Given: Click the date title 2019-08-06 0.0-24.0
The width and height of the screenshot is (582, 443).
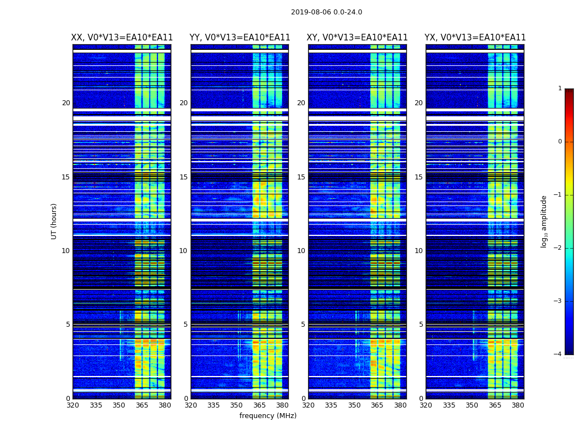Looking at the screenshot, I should (326, 12).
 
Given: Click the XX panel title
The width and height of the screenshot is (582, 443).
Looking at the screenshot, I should (122, 38).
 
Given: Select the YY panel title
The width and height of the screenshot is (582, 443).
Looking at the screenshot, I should (240, 38).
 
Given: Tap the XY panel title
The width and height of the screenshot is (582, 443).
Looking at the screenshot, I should (358, 38).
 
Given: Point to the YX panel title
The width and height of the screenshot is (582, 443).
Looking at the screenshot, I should (475, 38).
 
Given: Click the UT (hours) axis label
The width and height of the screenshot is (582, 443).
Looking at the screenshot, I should (54, 221).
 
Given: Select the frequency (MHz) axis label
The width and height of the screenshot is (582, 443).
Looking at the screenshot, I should (268, 416).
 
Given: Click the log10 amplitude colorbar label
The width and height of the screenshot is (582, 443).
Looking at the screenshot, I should (544, 221).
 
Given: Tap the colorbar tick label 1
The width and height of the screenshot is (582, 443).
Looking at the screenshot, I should (560, 89).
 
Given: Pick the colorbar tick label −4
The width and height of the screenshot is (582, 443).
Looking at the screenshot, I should (558, 354).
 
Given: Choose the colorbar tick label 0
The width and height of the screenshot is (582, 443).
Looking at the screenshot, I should (560, 142).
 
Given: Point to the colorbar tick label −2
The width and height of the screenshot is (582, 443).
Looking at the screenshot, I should (558, 248).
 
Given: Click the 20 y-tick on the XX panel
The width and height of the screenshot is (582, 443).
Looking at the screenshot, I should (66, 103).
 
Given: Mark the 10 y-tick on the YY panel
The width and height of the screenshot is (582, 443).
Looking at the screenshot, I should (183, 251).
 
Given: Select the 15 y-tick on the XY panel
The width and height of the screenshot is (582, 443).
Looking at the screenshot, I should (301, 177).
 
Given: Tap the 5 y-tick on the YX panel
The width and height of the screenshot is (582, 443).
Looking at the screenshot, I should (421, 324).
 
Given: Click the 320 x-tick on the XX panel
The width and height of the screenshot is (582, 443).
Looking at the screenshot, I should (73, 405).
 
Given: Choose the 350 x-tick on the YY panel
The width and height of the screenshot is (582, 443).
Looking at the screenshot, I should (236, 405).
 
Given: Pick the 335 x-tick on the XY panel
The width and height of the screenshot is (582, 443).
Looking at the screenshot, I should (331, 405).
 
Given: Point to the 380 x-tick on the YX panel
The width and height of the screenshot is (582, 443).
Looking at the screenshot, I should (518, 405).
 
